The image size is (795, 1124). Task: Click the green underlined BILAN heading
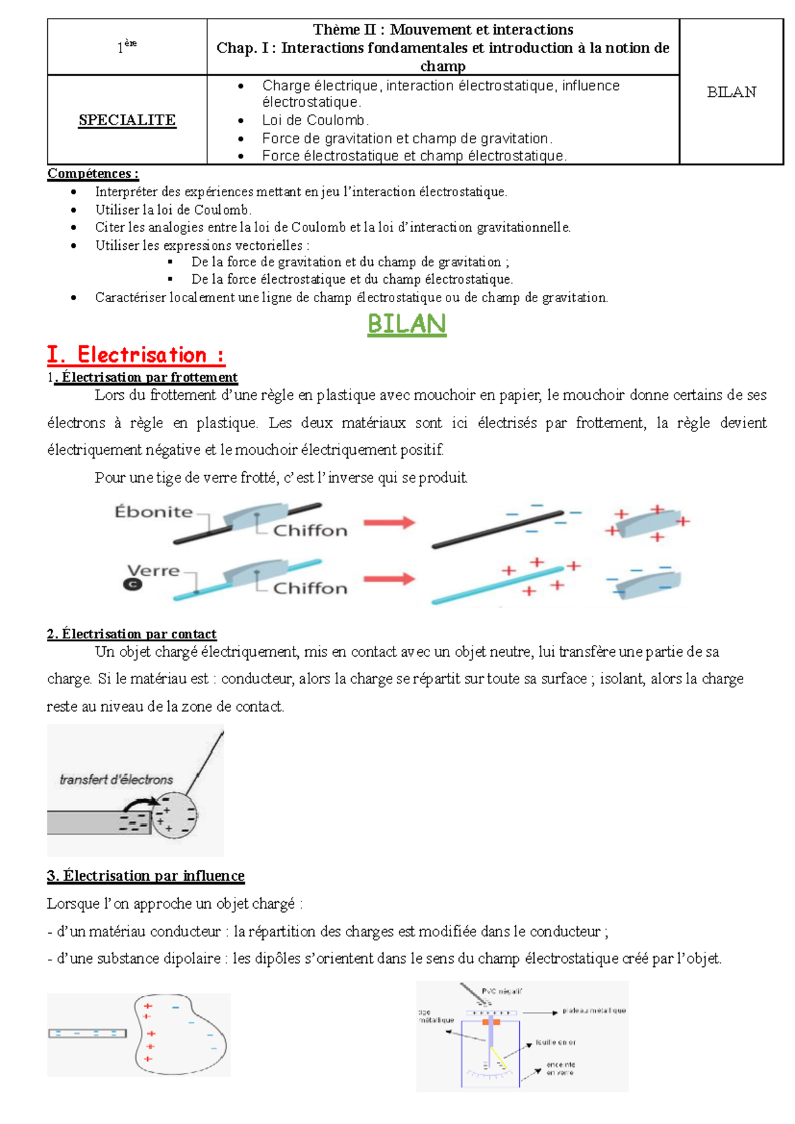click(407, 324)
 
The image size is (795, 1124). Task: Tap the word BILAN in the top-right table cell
click(731, 92)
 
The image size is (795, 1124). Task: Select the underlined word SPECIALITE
click(127, 120)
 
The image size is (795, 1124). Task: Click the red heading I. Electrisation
click(136, 355)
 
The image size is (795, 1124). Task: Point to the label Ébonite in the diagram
click(154, 512)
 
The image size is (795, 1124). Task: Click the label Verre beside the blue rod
click(154, 571)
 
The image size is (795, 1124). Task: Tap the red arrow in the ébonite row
click(389, 522)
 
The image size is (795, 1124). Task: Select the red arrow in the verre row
click(389, 579)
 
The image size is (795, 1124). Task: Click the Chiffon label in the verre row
click(310, 588)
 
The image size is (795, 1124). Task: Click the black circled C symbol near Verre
click(132, 585)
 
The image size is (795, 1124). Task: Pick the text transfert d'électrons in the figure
click(116, 779)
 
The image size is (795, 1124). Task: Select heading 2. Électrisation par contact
click(132, 634)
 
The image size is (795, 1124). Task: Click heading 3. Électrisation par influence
click(146, 876)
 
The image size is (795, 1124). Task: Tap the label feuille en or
click(555, 1042)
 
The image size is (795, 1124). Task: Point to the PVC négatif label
click(502, 991)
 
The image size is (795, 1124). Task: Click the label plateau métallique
click(594, 1011)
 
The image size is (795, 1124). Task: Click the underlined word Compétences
click(93, 174)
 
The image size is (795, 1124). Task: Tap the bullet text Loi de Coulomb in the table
click(315, 121)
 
